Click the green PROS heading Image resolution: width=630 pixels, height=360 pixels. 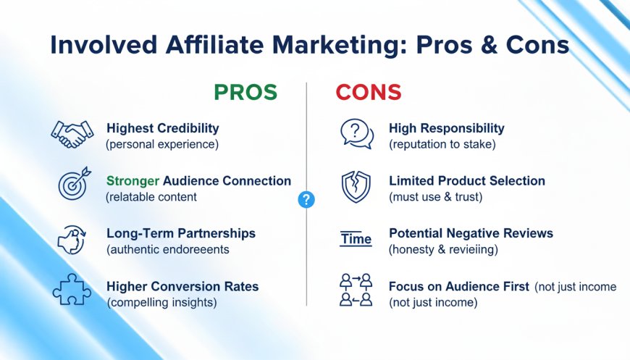click(x=245, y=92)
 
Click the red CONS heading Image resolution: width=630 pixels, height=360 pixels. click(x=369, y=92)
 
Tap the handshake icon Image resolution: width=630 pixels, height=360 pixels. click(x=72, y=134)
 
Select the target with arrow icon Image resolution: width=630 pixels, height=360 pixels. click(x=75, y=183)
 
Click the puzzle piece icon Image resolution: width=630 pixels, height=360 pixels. click(x=72, y=289)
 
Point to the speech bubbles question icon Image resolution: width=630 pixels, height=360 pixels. click(x=357, y=134)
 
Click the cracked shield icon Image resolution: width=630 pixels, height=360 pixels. click(x=356, y=186)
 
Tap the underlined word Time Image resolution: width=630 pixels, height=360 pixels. click(x=356, y=238)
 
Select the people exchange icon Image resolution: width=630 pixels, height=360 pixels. click(x=356, y=290)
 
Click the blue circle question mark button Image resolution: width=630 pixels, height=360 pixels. click(x=306, y=199)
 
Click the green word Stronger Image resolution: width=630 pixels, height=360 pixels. click(x=133, y=181)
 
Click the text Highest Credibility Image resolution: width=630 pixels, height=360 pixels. click(x=163, y=128)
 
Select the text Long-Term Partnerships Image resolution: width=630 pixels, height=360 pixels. click(x=181, y=233)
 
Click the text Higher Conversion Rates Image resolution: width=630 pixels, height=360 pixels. click(x=182, y=286)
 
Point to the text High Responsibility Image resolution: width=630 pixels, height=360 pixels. click(x=446, y=128)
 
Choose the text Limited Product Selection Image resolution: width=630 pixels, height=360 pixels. click(x=467, y=181)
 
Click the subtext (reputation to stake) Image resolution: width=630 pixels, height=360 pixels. click(x=442, y=144)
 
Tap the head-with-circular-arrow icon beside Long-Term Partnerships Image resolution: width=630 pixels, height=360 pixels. click(x=72, y=240)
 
